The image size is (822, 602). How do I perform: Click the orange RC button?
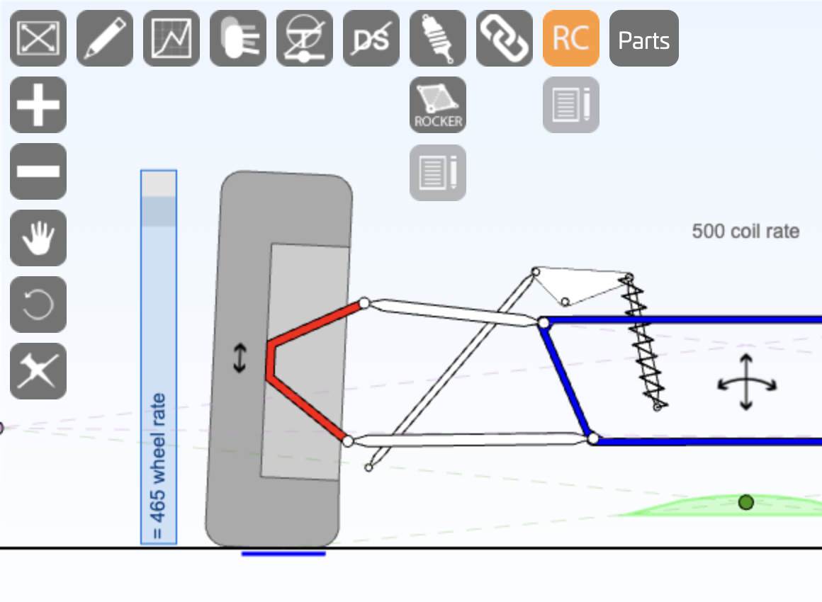(x=570, y=38)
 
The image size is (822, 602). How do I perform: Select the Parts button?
(x=643, y=38)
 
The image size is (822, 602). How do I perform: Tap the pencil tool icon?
(x=105, y=38)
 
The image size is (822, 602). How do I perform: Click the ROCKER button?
(x=438, y=105)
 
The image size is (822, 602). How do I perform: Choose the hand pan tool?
(x=38, y=238)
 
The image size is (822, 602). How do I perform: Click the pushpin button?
(x=38, y=371)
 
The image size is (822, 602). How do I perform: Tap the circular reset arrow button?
(x=38, y=305)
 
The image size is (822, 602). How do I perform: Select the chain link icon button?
(x=505, y=38)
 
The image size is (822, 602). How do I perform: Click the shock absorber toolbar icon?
(x=438, y=38)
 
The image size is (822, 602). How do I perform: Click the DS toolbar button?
(x=371, y=38)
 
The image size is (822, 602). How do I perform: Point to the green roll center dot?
(x=745, y=502)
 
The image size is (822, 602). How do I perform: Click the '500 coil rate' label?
(x=745, y=232)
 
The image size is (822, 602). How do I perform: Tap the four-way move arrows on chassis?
(x=746, y=383)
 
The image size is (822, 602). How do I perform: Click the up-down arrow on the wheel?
(x=240, y=358)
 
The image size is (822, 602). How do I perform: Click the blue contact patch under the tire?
(x=283, y=553)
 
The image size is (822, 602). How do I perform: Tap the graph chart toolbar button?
(x=171, y=38)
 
